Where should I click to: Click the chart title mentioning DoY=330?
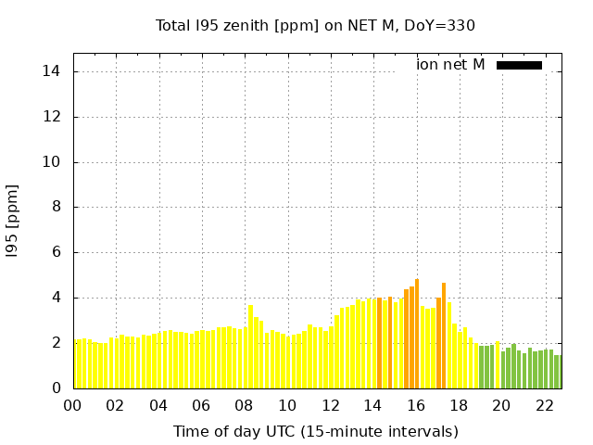(x=315, y=25)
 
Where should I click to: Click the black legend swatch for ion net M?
(x=519, y=65)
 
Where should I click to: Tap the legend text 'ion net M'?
(x=450, y=65)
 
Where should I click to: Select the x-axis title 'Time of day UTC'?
(x=315, y=431)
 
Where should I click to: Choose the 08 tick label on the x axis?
(x=245, y=405)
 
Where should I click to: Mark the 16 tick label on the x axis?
(x=416, y=405)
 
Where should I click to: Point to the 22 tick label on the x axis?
(x=545, y=405)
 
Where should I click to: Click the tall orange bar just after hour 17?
(x=444, y=336)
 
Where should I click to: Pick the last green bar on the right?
(x=558, y=372)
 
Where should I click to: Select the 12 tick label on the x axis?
(x=331, y=405)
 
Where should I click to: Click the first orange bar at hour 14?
(x=379, y=343)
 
